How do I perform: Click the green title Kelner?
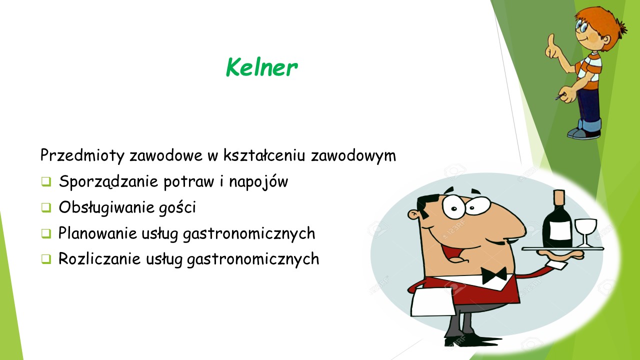261,67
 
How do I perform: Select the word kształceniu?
264,155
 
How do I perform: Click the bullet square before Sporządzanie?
46,181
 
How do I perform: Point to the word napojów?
258,181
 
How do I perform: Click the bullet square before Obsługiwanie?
46,207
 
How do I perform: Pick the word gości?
177,207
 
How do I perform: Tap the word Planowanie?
97,233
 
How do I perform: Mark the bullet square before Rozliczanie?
46,259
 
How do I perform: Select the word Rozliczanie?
99,258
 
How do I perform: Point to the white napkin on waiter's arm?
432,302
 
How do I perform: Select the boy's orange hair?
603,23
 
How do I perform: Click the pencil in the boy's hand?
560,96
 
